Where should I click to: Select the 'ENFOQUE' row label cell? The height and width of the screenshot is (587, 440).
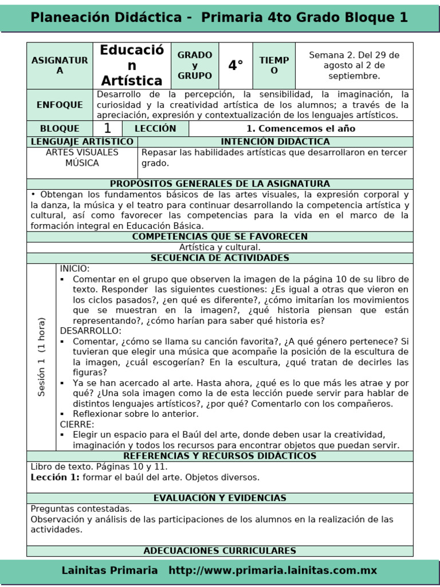[60, 105]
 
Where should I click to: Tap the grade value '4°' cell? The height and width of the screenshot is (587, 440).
[235, 65]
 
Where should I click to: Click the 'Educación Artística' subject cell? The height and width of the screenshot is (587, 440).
[132, 65]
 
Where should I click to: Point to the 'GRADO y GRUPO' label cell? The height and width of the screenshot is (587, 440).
[195, 65]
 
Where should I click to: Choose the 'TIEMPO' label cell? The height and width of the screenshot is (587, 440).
[274, 65]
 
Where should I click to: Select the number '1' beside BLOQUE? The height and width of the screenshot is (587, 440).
[107, 128]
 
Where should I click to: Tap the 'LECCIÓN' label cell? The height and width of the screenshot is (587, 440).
[155, 128]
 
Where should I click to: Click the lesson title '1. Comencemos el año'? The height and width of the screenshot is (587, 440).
[301, 128]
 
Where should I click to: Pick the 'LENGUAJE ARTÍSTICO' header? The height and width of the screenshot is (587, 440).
[82, 142]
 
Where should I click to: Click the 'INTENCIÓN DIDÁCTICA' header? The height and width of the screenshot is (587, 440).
[275, 142]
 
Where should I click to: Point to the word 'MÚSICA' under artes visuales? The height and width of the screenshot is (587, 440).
[82, 163]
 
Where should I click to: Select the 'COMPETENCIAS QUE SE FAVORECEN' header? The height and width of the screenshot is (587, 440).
[220, 237]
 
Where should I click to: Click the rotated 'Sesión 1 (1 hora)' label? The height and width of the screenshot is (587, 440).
[41, 357]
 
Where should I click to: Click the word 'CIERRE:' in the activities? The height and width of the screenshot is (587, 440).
[77, 424]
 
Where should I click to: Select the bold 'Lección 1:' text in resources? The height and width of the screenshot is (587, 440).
[55, 477]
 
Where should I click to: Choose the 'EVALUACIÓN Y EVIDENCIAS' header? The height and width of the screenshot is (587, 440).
[220, 498]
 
